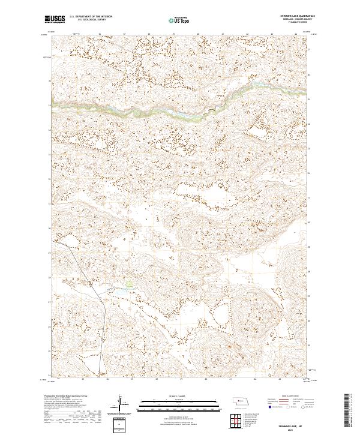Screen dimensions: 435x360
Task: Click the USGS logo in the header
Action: [55, 19]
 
